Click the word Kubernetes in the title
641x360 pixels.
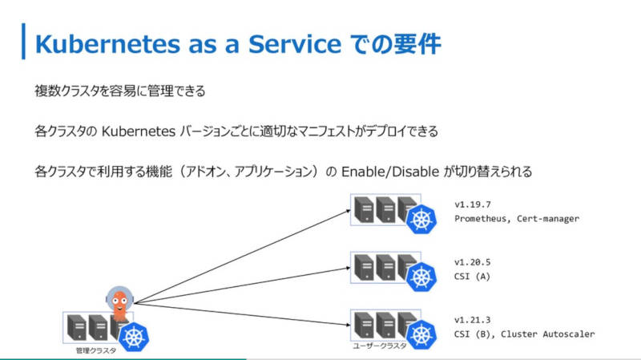pos(107,44)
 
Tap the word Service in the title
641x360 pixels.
pos(295,44)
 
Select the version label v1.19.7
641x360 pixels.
pos(473,204)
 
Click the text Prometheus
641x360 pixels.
pos(480,218)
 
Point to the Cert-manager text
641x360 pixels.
pos(548,218)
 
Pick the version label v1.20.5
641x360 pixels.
pos(473,262)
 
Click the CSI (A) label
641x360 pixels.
pos(472,276)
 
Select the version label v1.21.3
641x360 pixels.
pos(473,319)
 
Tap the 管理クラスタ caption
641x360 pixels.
pos(96,350)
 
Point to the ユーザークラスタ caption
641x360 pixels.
pos(380,346)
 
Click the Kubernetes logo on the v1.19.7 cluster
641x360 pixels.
pos(421,219)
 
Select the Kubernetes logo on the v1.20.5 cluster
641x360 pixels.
pos(421,277)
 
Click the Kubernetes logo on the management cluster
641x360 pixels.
pos(134,337)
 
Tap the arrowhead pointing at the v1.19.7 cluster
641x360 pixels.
pos(349,211)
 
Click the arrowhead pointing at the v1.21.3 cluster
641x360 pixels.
pos(348,325)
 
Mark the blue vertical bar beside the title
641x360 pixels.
pos(24,42)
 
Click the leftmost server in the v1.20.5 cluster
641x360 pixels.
pos(364,267)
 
